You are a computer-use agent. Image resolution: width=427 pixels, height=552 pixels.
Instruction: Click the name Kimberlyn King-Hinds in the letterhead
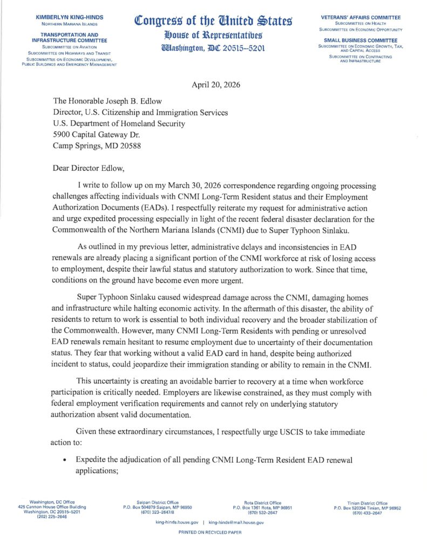tap(69, 18)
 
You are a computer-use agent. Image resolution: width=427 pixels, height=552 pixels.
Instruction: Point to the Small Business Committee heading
tap(360, 40)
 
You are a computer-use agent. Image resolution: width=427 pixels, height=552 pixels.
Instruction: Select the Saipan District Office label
tap(158, 502)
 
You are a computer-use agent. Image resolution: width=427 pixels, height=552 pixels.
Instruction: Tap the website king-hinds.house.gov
tap(177, 523)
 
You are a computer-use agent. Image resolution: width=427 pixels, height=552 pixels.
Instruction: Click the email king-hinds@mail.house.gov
tap(236, 523)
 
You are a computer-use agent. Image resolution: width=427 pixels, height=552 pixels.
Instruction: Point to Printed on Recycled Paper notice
tap(210, 532)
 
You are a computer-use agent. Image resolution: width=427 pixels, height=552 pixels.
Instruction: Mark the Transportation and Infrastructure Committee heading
tap(69, 37)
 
